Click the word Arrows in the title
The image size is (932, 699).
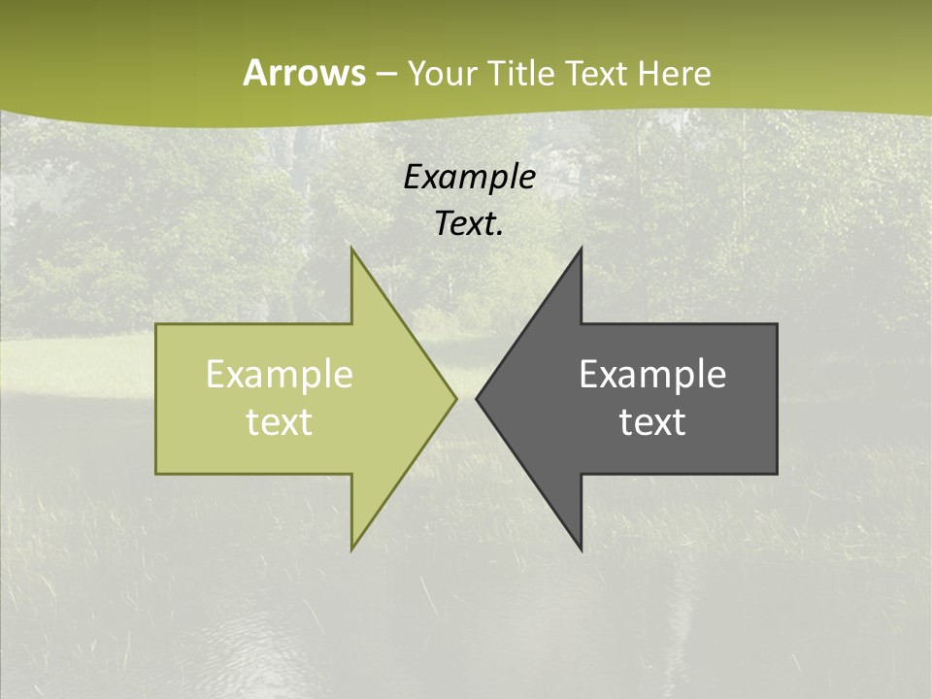pyautogui.click(x=304, y=73)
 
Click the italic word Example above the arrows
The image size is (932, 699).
pyautogui.click(x=469, y=177)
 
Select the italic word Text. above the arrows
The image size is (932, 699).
pyautogui.click(x=469, y=223)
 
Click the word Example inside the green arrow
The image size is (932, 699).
pyautogui.click(x=280, y=374)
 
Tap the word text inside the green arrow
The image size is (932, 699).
pyautogui.click(x=280, y=421)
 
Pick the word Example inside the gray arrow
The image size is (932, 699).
pyautogui.click(x=652, y=374)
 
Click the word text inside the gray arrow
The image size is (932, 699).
pyautogui.click(x=652, y=421)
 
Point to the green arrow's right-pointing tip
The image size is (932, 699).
pyautogui.click(x=455, y=398)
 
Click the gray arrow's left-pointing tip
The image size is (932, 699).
pyautogui.click(x=477, y=398)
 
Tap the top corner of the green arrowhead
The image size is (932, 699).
pyautogui.click(x=352, y=250)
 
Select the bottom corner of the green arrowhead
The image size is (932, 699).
pyautogui.click(x=352, y=549)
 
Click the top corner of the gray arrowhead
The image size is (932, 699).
pyautogui.click(x=581, y=250)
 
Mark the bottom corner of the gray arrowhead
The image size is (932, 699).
pyautogui.click(x=581, y=549)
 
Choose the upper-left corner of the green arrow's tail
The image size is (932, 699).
pyautogui.click(x=157, y=325)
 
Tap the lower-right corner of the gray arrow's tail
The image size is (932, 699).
pyautogui.click(x=776, y=473)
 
